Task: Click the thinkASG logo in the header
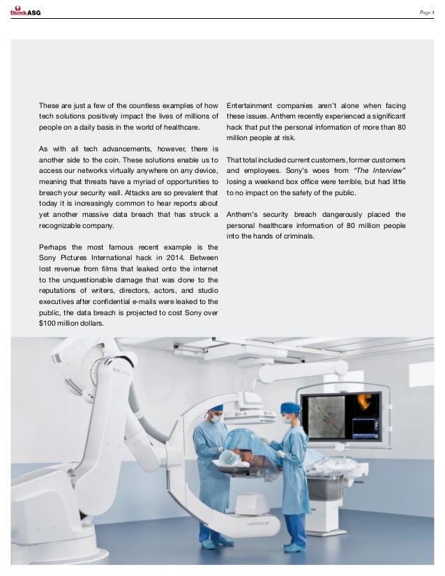(x=25, y=10)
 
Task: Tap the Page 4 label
(x=426, y=11)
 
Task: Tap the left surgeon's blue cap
(x=217, y=409)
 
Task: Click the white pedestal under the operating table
(x=252, y=503)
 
